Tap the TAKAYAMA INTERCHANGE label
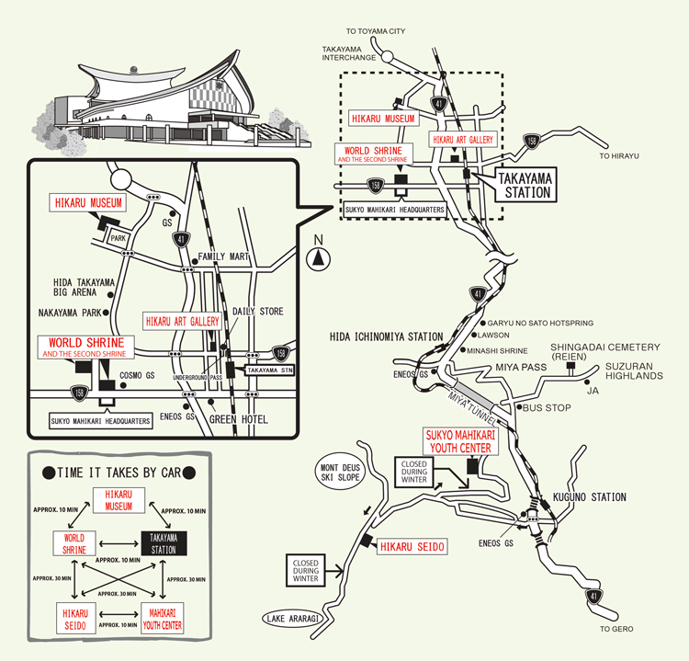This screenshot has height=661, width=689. tap(348, 54)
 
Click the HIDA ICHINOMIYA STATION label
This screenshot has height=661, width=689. tap(386, 337)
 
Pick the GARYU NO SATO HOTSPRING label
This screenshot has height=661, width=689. tap(542, 324)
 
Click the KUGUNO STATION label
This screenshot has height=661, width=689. tap(590, 497)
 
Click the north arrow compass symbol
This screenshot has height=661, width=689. tap(319, 256)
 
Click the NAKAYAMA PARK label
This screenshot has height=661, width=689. tap(71, 312)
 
